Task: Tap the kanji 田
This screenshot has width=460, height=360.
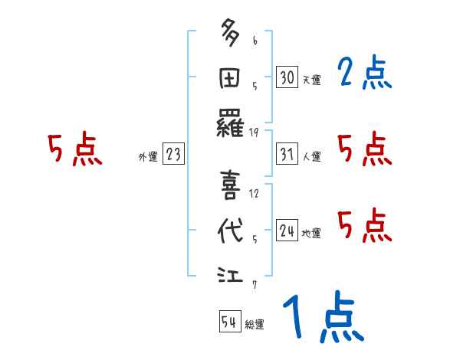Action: click(x=231, y=78)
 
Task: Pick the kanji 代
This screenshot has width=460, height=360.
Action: click(x=231, y=232)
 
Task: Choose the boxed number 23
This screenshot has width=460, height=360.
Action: click(x=173, y=155)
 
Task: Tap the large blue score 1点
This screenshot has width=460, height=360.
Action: click(x=321, y=319)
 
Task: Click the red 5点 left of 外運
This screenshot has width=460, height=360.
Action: click(x=75, y=149)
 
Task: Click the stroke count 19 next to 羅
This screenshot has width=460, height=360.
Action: click(x=254, y=133)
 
